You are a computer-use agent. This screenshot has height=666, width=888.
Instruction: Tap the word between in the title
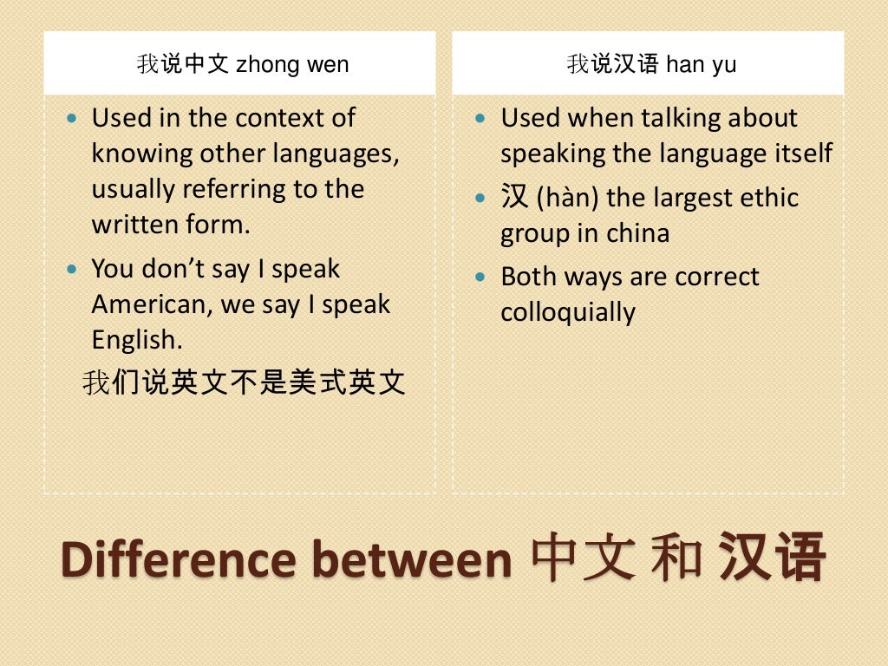pyautogui.click(x=412, y=559)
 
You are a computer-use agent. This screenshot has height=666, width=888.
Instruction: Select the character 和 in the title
pyautogui.click(x=677, y=558)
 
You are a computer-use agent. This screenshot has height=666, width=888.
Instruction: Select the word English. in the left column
pyautogui.click(x=137, y=339)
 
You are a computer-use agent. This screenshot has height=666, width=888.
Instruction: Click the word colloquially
pyautogui.click(x=567, y=312)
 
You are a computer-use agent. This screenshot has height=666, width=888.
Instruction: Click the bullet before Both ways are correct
pyautogui.click(x=482, y=277)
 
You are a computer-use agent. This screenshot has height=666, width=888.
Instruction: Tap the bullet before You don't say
pyautogui.click(x=73, y=269)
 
